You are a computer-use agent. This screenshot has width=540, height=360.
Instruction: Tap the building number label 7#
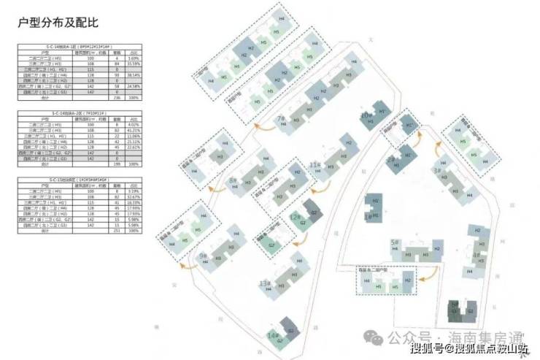point(279,118)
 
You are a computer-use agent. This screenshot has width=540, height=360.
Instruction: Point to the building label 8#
point(233,180)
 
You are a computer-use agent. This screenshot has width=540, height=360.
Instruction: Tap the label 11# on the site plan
point(315,165)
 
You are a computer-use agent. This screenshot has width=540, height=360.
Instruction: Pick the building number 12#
point(294,218)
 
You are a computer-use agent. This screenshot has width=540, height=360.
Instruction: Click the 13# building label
point(265,283)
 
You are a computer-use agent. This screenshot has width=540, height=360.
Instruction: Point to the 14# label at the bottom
point(272,335)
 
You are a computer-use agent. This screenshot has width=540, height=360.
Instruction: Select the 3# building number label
point(439,171)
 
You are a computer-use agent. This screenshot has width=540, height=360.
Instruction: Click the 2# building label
point(391,159)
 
